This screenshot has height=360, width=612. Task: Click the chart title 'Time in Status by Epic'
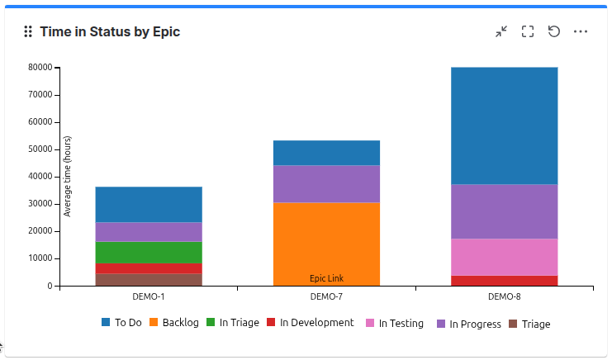110,31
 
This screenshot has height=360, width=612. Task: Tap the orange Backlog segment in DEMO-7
326,239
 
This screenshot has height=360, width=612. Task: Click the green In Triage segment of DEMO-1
149,252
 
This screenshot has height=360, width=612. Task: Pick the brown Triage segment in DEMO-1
149,279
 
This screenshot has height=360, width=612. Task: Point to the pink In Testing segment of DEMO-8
504,257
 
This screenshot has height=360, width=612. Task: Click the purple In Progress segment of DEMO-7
326,183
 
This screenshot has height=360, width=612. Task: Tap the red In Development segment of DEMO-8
504,280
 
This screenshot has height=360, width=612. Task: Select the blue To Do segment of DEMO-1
149,204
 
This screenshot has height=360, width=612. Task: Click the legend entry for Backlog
174,323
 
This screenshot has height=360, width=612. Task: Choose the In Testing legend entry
394,324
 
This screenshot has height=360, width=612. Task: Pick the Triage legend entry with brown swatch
529,324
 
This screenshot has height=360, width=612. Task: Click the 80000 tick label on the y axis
40,68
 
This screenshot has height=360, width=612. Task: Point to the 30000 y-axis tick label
40,204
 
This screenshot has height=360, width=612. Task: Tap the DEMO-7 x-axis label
326,296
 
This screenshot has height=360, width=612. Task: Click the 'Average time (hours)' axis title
68,177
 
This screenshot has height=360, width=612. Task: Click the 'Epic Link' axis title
326,278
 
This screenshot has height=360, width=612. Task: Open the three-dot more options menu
581,31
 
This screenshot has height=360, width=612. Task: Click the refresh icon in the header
554,31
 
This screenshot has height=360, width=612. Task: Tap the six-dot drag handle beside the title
27,31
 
